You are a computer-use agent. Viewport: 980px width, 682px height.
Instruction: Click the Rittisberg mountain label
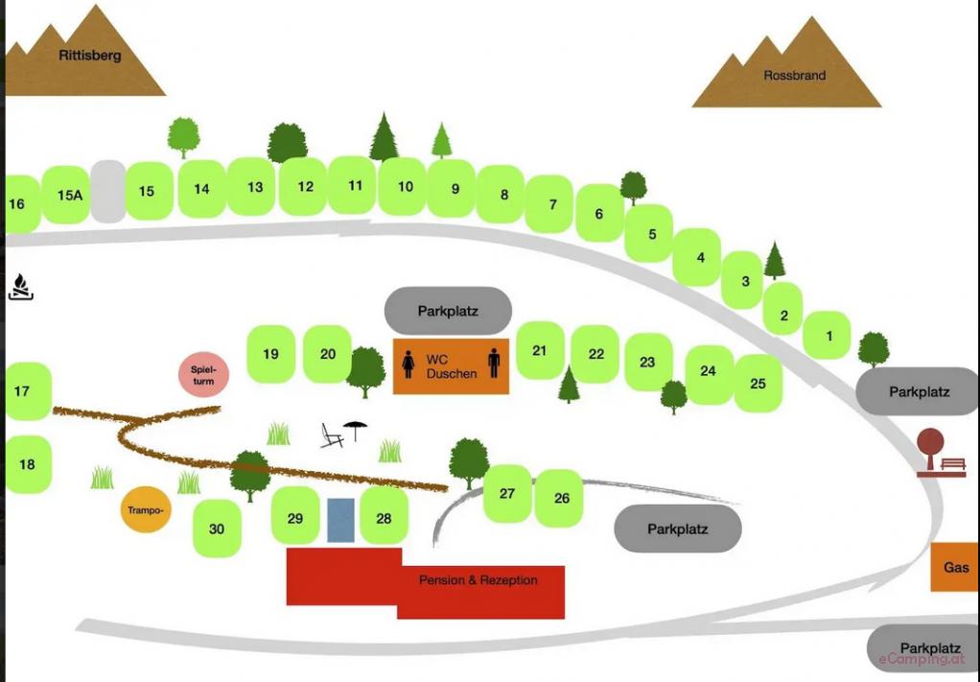tap(89, 55)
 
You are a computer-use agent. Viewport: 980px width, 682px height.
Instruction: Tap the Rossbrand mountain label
tap(794, 75)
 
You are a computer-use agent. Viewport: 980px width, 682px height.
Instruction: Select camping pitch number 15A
tap(66, 195)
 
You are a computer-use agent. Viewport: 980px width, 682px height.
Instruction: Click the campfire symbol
tap(21, 287)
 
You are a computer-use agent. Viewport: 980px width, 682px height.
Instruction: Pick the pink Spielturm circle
tap(203, 374)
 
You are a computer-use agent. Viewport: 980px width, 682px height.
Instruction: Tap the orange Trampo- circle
tap(146, 509)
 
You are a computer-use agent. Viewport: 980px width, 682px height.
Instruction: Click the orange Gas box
tap(955, 567)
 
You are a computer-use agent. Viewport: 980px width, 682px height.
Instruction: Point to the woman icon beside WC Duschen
tap(408, 364)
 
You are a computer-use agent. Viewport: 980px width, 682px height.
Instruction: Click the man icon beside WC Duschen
tap(494, 363)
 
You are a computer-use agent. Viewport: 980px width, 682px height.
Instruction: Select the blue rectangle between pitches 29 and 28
tap(340, 520)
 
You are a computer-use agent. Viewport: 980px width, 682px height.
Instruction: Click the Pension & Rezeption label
tap(478, 580)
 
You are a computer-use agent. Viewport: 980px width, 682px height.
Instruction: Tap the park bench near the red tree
tap(952, 464)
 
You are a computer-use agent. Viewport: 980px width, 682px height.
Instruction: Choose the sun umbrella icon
tap(355, 430)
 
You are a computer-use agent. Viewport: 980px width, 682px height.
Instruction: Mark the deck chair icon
tap(332, 435)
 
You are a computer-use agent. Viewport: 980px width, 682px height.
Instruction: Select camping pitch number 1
tap(827, 336)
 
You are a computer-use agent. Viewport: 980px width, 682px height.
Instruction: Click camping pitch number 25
tap(758, 383)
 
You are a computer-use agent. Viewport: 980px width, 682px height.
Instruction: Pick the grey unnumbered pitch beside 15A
tap(108, 191)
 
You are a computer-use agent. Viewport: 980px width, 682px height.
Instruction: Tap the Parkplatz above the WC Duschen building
tap(448, 311)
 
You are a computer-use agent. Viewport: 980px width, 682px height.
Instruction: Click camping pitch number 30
tap(217, 529)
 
